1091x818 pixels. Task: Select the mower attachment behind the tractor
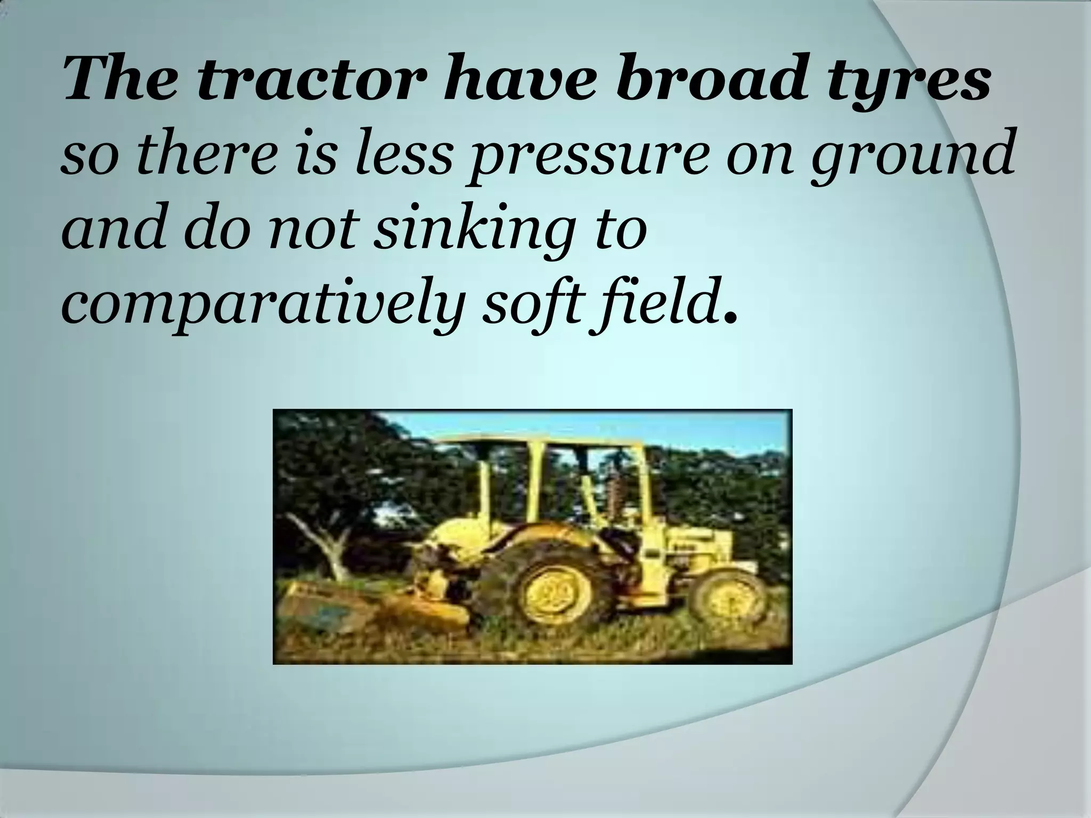pyautogui.click(x=373, y=607)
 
